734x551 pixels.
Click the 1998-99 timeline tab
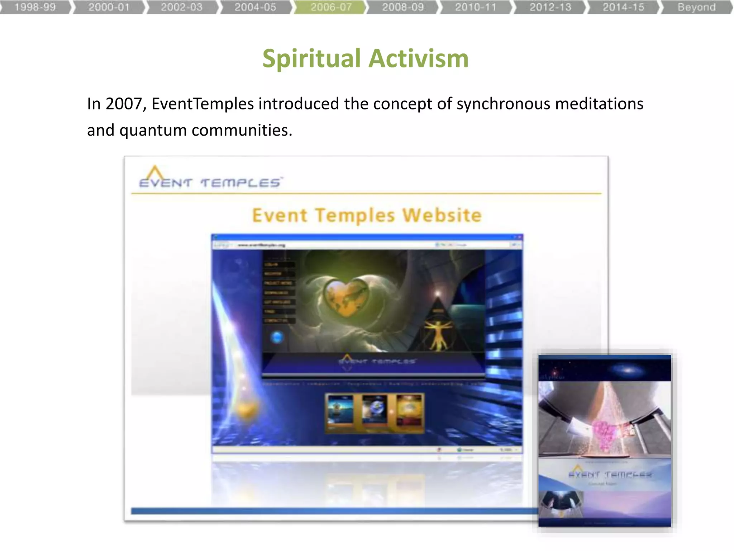(x=35, y=7)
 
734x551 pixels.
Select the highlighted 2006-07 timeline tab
(x=331, y=7)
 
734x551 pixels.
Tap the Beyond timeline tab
(x=696, y=7)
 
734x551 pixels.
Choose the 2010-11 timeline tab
(x=476, y=7)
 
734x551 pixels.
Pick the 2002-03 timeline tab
(x=182, y=7)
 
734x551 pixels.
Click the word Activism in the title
(x=419, y=58)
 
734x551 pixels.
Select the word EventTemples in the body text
(x=202, y=104)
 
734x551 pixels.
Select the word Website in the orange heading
(x=442, y=215)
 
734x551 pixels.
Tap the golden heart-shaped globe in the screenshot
(x=345, y=296)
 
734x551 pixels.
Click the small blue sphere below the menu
(x=277, y=337)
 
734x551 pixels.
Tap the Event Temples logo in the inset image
(x=609, y=474)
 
